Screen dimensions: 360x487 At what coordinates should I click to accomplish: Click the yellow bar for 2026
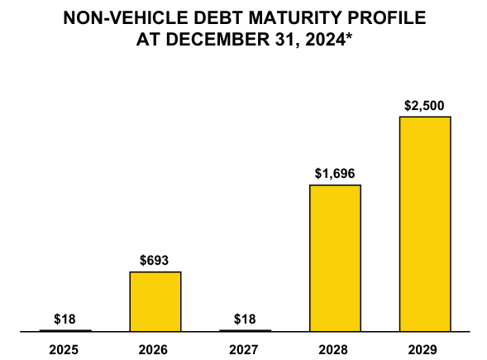click(155, 301)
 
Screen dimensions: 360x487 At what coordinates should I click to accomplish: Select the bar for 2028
click(335, 257)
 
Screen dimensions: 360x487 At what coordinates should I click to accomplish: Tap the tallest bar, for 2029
click(425, 223)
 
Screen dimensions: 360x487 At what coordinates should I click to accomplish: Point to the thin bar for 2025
click(65, 330)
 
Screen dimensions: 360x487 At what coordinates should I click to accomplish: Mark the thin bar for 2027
click(245, 330)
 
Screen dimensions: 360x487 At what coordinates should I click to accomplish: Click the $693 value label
click(155, 261)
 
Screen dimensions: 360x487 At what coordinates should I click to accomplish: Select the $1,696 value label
click(335, 174)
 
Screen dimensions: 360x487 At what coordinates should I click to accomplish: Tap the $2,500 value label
click(425, 106)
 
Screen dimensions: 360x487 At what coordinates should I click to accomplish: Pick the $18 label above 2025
click(65, 319)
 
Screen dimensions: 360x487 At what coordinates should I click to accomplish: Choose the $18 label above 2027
click(245, 319)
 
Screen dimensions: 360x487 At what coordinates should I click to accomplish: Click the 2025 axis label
click(65, 349)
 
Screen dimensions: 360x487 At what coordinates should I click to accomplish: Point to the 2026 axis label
click(155, 349)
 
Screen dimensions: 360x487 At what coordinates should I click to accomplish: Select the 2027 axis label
click(245, 349)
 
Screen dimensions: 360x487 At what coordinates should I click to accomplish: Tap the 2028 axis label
click(335, 349)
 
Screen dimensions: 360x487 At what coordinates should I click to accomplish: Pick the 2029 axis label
click(425, 349)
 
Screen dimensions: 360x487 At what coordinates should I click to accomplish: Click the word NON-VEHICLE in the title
click(125, 17)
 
